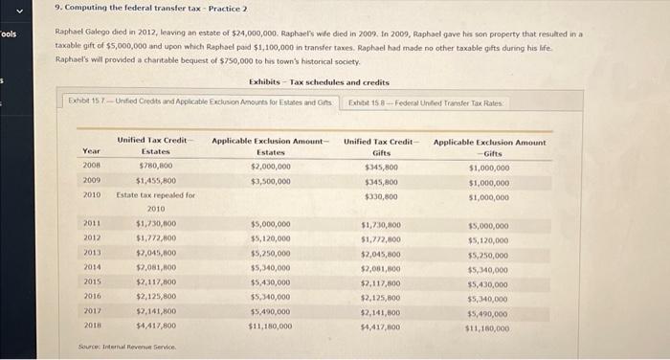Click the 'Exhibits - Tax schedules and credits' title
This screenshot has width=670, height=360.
(319, 82)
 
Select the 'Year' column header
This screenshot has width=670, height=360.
(91, 151)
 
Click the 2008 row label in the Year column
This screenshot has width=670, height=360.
(91, 165)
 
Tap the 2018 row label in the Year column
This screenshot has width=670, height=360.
(92, 325)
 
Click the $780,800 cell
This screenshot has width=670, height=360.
(156, 165)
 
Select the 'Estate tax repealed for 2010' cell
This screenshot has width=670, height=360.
(156, 201)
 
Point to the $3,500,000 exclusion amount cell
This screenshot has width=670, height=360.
(271, 179)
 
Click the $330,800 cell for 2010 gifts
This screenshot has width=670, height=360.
(381, 195)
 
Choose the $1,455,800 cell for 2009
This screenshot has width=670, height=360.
(156, 179)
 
